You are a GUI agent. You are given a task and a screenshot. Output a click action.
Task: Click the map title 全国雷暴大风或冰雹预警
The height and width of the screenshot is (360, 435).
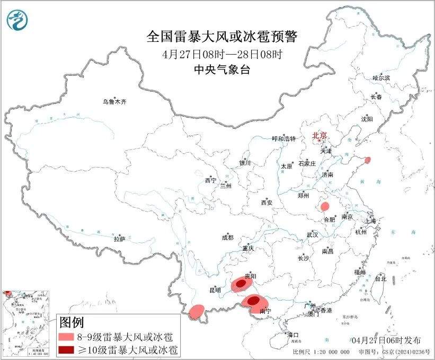222,37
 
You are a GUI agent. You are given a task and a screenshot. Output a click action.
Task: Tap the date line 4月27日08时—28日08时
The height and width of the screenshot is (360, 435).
222,55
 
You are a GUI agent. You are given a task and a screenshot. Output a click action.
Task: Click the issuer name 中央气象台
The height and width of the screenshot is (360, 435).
222,70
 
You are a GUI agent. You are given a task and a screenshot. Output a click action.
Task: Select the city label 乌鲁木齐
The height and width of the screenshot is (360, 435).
115,101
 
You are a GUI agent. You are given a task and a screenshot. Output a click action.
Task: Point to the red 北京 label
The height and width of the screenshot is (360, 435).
319,135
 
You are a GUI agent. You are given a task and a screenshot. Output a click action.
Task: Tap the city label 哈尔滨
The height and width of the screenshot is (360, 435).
380,78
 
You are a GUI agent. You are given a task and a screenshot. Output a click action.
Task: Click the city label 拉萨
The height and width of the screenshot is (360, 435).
119,239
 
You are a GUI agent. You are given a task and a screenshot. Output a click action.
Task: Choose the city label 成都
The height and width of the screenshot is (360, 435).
228,238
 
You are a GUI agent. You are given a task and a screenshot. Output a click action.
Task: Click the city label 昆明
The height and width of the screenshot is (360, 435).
215,291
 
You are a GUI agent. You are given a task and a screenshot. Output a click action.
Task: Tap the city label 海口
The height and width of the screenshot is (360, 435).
294,335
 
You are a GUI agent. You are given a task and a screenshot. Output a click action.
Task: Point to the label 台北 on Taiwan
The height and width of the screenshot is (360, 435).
380,278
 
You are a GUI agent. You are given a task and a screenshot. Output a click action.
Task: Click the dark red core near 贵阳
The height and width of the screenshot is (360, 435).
241,284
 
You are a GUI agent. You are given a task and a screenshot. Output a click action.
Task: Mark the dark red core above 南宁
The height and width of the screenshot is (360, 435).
254,300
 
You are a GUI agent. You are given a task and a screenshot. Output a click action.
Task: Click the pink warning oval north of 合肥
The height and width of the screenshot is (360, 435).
325,206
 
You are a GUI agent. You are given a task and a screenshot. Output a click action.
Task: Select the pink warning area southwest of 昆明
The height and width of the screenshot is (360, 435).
197,311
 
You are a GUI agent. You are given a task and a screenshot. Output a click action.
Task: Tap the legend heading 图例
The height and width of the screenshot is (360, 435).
71,321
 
